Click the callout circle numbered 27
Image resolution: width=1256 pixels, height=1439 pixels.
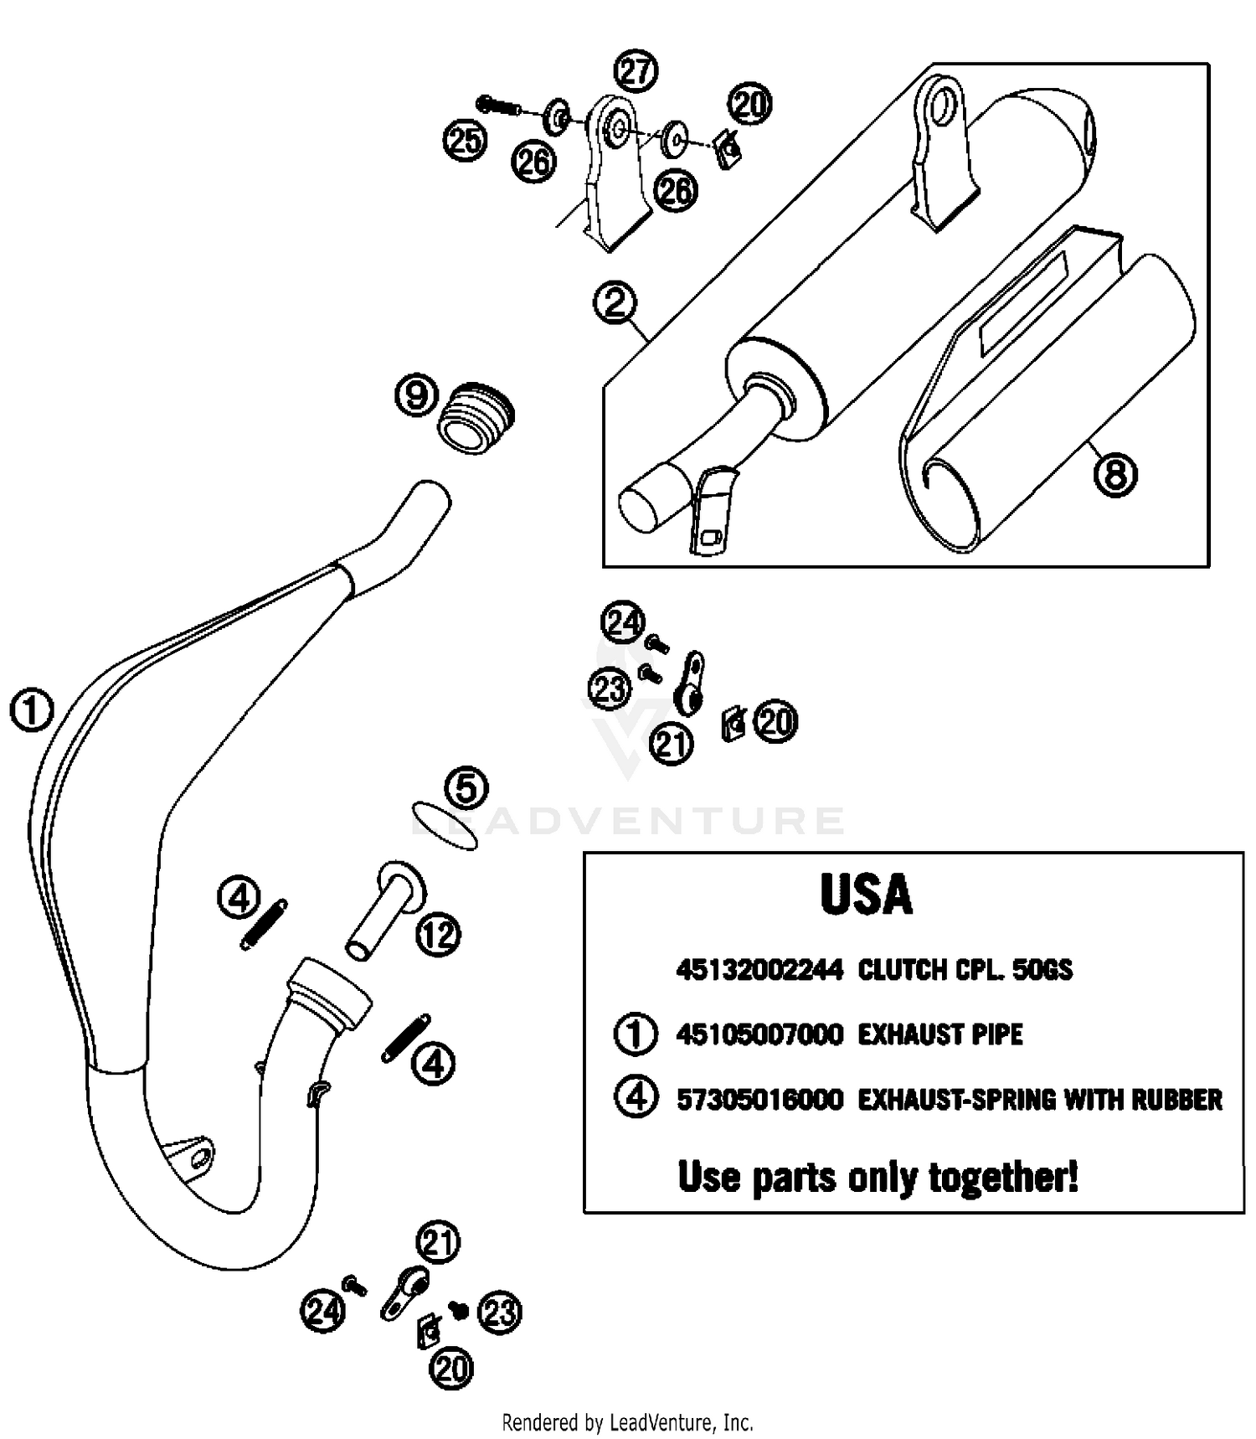636,72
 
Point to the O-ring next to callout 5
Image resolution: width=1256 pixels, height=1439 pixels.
445,826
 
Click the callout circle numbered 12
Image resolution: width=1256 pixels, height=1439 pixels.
439,934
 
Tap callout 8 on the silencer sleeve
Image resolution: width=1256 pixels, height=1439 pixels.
1115,475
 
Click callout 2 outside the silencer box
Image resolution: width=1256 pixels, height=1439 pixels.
615,302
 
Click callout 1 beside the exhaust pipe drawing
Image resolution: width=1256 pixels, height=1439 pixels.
32,711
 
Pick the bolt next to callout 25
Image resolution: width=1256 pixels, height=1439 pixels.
497,106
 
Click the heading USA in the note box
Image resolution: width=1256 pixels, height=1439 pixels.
866,895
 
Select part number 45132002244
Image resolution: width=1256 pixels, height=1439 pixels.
759,970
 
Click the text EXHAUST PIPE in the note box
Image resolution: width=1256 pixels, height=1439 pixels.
940,1034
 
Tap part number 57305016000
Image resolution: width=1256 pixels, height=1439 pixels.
759,1099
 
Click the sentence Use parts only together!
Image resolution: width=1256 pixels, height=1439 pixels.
878,1177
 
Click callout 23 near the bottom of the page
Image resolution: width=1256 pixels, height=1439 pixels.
499,1312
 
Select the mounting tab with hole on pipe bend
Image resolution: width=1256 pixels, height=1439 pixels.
193,1156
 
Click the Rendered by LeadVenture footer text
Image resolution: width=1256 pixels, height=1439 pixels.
627,1421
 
